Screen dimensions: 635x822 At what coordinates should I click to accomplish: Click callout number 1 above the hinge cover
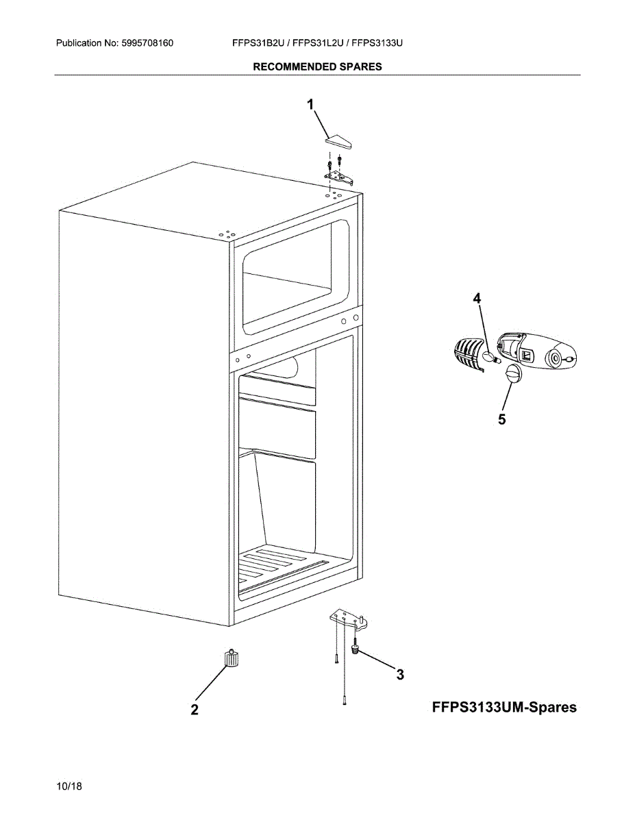(x=310, y=104)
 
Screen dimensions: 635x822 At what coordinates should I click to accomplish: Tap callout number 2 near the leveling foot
(x=195, y=710)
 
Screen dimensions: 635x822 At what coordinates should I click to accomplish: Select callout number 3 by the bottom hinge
(x=399, y=675)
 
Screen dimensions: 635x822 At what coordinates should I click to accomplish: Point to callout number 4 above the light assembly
(x=477, y=298)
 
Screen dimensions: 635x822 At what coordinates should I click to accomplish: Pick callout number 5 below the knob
(x=502, y=419)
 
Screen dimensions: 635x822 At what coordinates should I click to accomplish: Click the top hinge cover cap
(x=338, y=142)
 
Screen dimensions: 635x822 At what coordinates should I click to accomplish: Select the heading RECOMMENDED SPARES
(x=317, y=66)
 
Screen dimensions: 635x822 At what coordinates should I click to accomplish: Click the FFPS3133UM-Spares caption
(x=504, y=707)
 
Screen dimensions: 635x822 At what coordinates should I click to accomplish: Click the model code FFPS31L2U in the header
(x=319, y=43)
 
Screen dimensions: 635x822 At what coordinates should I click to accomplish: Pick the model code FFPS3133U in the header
(x=377, y=43)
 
